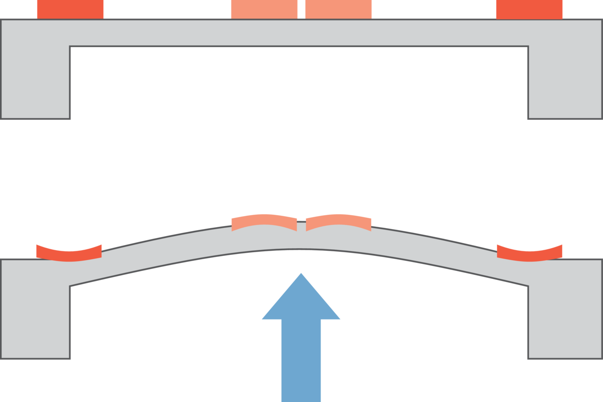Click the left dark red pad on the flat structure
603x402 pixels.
tap(70, 9)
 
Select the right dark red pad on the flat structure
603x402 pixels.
tap(529, 9)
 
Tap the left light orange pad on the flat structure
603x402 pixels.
tap(264, 9)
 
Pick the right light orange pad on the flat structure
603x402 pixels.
tap(339, 9)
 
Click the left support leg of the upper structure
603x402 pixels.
tap(35, 82)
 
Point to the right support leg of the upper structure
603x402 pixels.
tap(565, 82)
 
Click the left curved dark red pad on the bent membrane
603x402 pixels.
tap(69, 253)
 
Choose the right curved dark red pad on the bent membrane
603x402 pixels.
tap(529, 253)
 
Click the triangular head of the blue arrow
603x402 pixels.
tap(301, 302)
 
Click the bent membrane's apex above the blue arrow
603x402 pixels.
tap(301, 238)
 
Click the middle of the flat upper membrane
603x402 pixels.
tap(301, 33)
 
